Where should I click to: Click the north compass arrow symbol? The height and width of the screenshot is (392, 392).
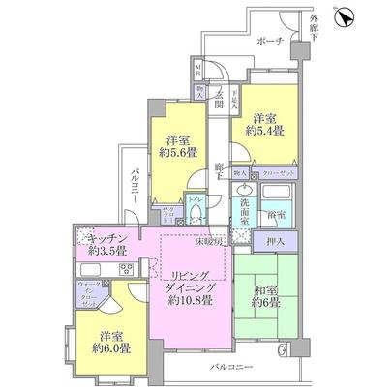coord(344,16)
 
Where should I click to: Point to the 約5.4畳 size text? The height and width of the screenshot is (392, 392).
coord(263,129)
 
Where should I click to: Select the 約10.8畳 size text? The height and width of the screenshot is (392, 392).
coord(190,300)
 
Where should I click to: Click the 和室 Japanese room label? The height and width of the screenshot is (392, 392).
coord(266,287)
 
